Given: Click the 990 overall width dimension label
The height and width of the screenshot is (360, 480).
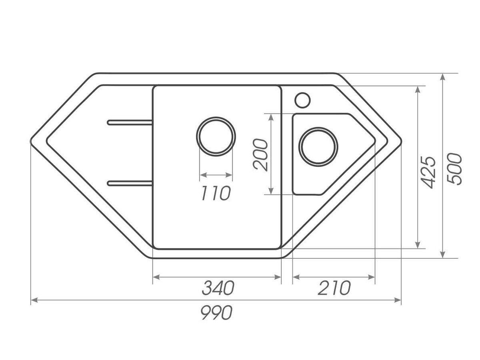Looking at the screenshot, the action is pos(216,313).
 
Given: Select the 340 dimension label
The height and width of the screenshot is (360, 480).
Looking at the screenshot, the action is pos(218,288).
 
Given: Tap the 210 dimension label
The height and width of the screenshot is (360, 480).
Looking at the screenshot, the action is pos(334,288).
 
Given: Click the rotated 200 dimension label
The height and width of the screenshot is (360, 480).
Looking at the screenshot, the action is pos(260,155).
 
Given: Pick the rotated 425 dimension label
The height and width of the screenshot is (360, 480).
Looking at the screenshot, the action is pos(428,172).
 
